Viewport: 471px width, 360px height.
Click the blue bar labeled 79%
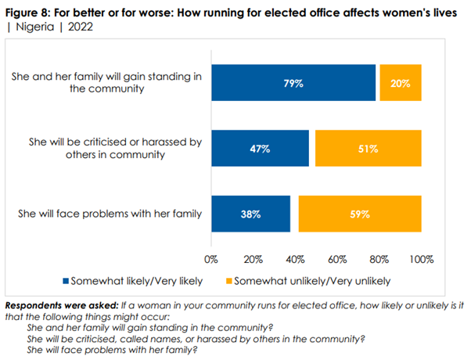(293, 82)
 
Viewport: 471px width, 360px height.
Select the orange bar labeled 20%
(401, 82)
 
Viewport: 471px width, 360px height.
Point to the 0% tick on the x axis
(210, 258)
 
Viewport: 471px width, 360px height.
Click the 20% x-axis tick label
(252, 258)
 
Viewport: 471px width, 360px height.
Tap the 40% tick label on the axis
(295, 258)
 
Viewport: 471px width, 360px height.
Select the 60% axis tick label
(337, 258)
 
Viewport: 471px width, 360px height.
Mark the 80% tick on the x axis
(379, 258)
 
